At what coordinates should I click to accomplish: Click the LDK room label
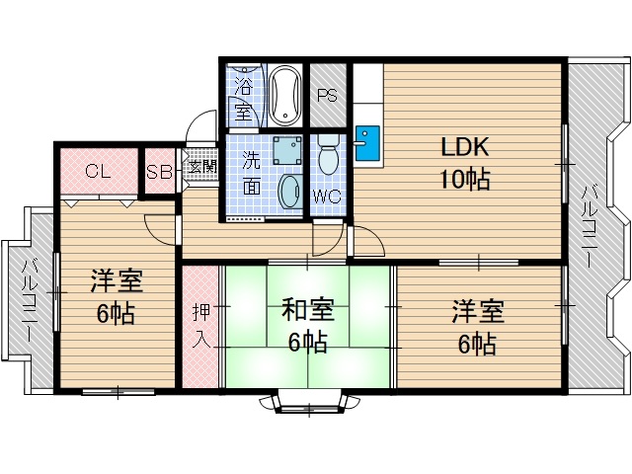click(x=465, y=147)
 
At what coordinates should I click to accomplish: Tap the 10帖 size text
click(x=465, y=180)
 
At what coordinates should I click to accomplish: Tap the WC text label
click(x=327, y=197)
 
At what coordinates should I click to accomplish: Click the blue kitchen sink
click(x=365, y=143)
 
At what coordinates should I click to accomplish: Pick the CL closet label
click(x=97, y=172)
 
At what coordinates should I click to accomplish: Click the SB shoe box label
click(x=158, y=172)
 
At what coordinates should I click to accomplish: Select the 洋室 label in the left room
click(x=117, y=282)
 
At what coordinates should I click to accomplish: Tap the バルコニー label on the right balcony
click(x=590, y=226)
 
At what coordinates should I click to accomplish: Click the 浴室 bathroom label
click(x=244, y=96)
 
